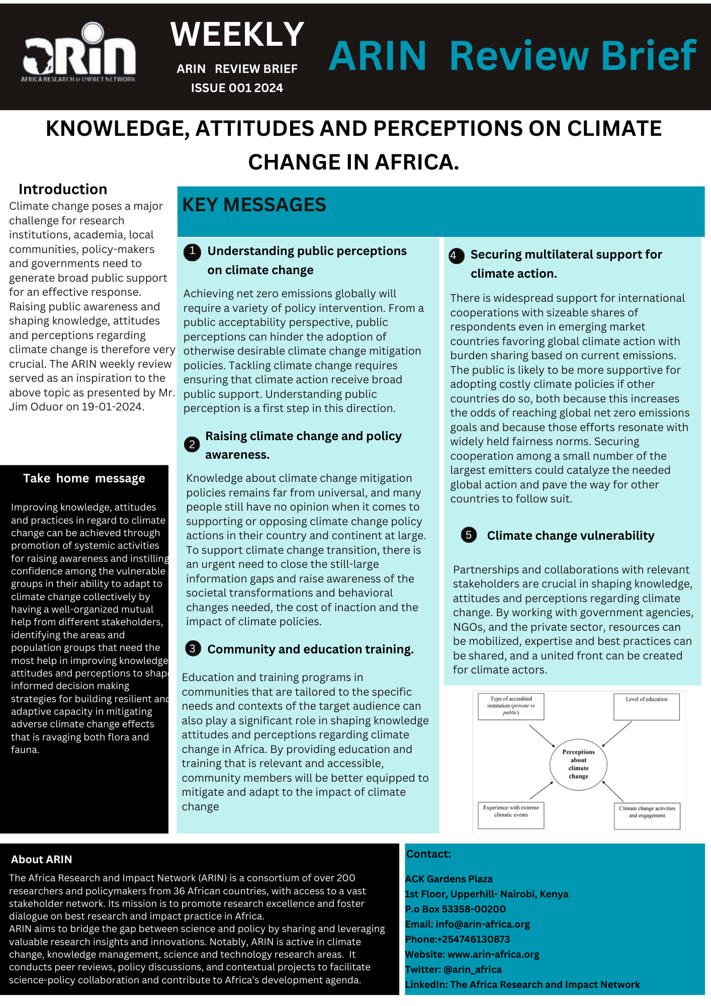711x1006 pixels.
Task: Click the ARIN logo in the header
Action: pyautogui.click(x=78, y=53)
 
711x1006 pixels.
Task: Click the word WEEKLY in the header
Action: pyautogui.click(x=237, y=35)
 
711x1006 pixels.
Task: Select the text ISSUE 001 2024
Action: pyautogui.click(x=237, y=88)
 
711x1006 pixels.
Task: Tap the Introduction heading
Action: pyautogui.click(x=63, y=189)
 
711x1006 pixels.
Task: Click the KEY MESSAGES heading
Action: pyautogui.click(x=254, y=205)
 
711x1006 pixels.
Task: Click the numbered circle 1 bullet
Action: pyautogui.click(x=192, y=251)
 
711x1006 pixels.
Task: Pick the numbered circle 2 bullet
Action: pyautogui.click(x=192, y=445)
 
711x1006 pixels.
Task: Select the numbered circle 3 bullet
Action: pyautogui.click(x=193, y=649)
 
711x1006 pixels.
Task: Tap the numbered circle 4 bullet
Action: pyautogui.click(x=454, y=256)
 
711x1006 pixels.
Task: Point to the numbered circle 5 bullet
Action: pyautogui.click(x=469, y=535)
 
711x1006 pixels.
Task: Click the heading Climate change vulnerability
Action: pyautogui.click(x=571, y=536)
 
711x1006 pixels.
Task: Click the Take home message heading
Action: pyautogui.click(x=84, y=478)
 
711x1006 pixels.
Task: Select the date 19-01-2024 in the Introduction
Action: pyautogui.click(x=113, y=407)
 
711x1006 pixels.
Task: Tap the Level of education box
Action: pyautogui.click(x=646, y=707)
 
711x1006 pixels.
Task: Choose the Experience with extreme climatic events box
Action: pyautogui.click(x=510, y=815)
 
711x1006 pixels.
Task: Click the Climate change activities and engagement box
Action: pyautogui.click(x=647, y=815)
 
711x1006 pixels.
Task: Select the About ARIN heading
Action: pyautogui.click(x=42, y=860)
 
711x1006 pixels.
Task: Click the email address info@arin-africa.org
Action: pyautogui.click(x=483, y=925)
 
